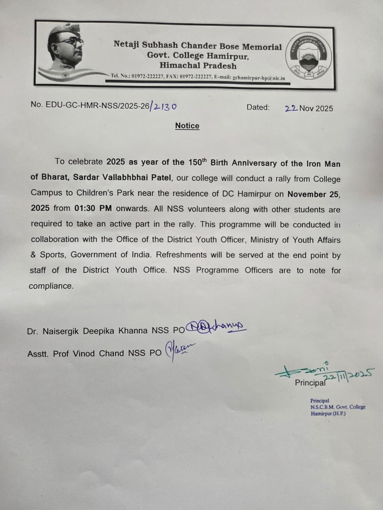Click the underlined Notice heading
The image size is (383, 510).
pyautogui.click(x=187, y=126)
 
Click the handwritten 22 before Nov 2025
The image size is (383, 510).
pyautogui.click(x=291, y=108)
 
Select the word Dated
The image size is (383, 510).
pyautogui.click(x=258, y=107)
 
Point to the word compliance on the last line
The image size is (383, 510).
pyautogui.click(x=51, y=286)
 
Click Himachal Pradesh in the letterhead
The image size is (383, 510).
pyautogui.click(x=198, y=66)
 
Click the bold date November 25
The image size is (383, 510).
pyautogui.click(x=313, y=194)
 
